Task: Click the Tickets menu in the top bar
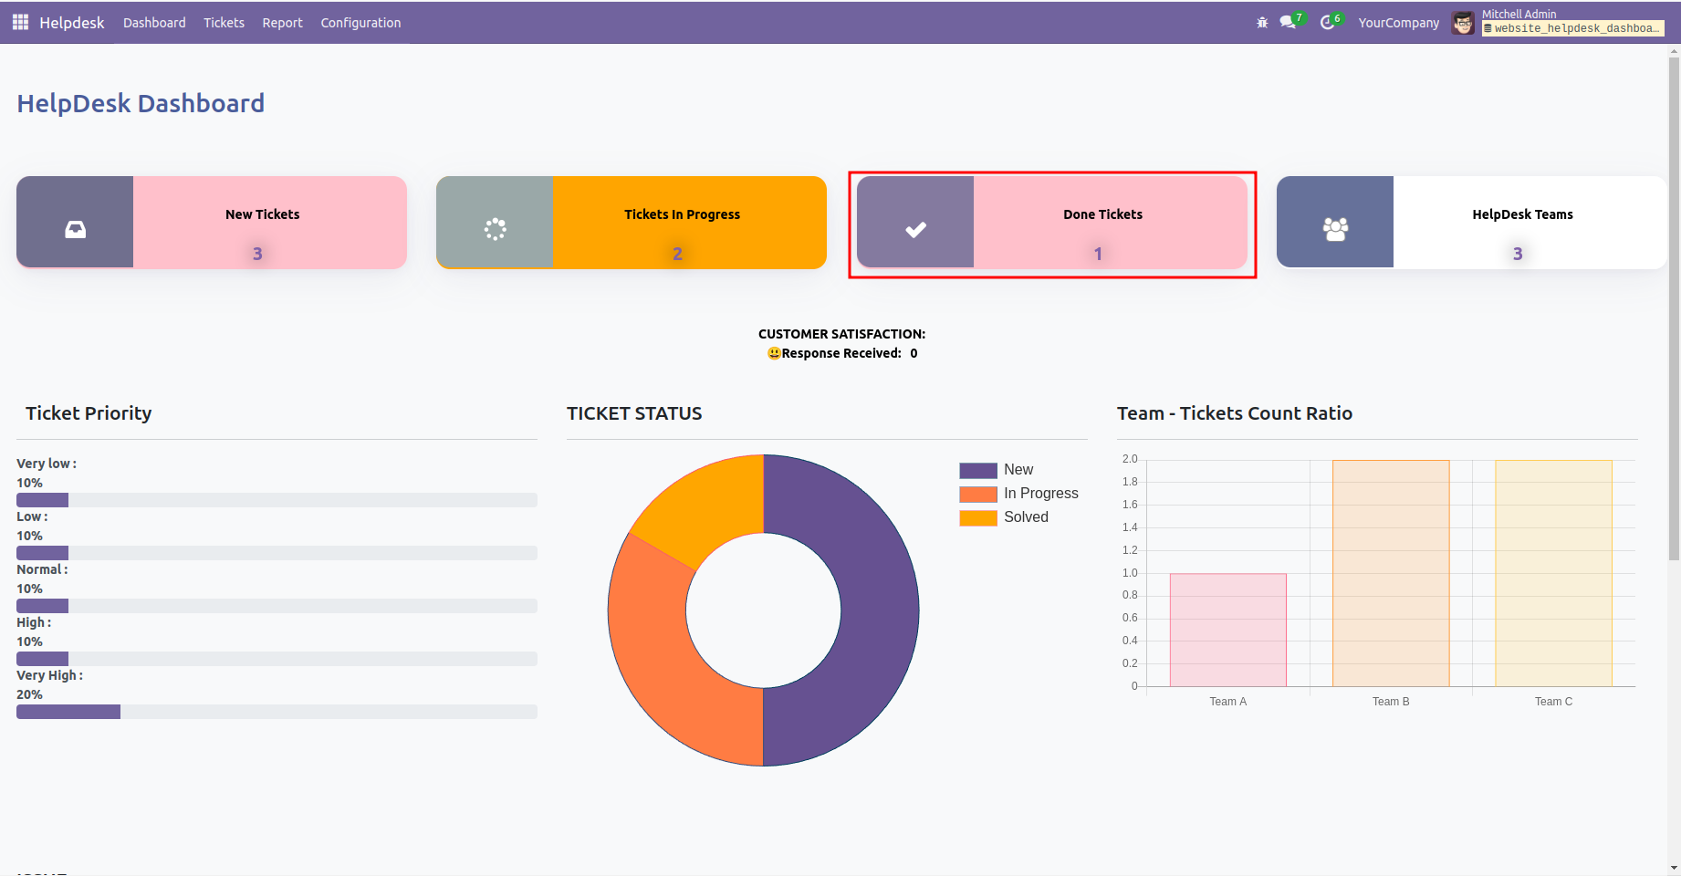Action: tap(224, 23)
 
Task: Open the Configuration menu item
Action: tap(360, 23)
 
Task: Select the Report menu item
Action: tap(282, 23)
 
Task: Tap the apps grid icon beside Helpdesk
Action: tap(20, 22)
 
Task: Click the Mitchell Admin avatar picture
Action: tap(1463, 23)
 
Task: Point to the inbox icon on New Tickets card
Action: tap(76, 229)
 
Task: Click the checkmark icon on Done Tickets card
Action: tap(915, 229)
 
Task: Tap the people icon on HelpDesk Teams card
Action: tap(1335, 229)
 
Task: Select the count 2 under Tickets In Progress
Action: tap(677, 254)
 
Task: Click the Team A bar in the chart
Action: tap(1227, 630)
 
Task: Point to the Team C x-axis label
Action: tap(1553, 702)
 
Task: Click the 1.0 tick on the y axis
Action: tap(1130, 573)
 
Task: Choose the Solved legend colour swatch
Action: tap(977, 517)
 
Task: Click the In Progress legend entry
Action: tap(1040, 494)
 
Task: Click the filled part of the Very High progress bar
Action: tap(68, 712)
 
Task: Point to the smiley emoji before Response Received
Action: tap(774, 353)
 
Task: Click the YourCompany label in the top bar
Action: tap(1398, 23)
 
